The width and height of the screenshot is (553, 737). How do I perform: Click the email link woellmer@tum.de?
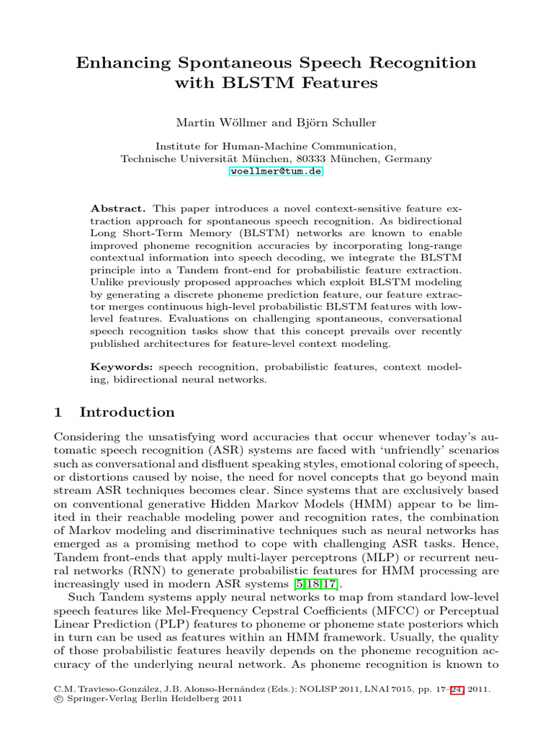(276, 171)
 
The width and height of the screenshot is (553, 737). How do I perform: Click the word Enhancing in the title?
(118, 63)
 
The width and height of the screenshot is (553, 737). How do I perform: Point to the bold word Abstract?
(112, 207)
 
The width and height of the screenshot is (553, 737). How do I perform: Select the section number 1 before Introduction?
(59, 412)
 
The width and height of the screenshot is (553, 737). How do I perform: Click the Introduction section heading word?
(127, 412)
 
